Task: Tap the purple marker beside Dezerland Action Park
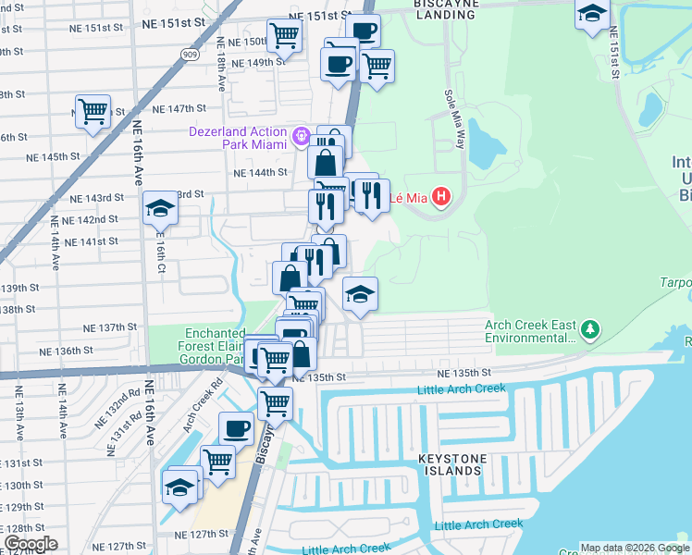tap(302, 138)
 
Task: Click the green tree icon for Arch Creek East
tap(589, 328)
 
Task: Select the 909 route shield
tap(191, 54)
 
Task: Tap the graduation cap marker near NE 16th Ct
tap(160, 208)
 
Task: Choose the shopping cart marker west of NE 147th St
tap(93, 111)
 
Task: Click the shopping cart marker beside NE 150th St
tap(284, 36)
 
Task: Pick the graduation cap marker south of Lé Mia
tap(360, 294)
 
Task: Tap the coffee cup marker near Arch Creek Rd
tap(235, 428)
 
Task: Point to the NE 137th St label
tap(110, 327)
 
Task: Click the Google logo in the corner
tap(30, 544)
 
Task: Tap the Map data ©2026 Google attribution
tap(635, 548)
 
